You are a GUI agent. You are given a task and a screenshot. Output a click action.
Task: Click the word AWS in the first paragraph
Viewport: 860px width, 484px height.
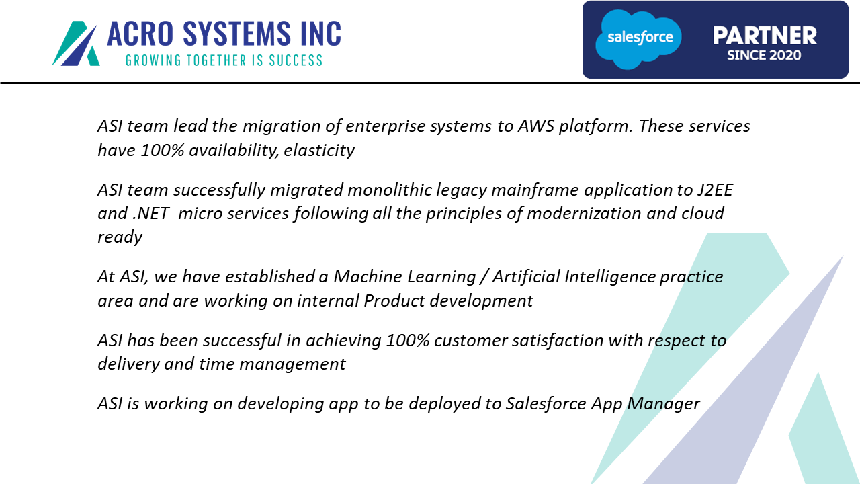[x=536, y=126]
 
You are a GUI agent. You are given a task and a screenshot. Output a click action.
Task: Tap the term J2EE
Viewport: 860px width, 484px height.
[x=716, y=190]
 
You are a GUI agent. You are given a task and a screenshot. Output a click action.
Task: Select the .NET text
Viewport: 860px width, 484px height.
[x=151, y=214]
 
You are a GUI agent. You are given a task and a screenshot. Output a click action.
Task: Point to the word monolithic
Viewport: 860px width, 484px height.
[x=390, y=190]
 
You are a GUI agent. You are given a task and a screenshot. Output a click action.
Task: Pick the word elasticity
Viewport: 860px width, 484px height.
[x=319, y=150]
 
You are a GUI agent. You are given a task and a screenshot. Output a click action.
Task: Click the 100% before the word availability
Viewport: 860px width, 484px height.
[x=163, y=150]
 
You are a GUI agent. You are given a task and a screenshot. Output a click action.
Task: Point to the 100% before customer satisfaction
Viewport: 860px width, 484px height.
[x=408, y=341]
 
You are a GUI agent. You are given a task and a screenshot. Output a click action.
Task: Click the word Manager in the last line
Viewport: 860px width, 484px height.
[x=663, y=404]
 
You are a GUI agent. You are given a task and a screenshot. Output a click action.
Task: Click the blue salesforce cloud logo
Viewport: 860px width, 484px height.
[x=638, y=39]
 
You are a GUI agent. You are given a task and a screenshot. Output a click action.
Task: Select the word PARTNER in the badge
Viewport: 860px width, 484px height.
[x=765, y=36]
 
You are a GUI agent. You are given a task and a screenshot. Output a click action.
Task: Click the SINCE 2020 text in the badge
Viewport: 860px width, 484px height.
[x=764, y=56]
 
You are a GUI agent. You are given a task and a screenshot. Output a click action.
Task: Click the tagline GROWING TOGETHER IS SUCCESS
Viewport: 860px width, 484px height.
[x=224, y=61]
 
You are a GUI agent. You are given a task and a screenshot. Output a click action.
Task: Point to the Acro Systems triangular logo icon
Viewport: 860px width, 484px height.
[x=76, y=44]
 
